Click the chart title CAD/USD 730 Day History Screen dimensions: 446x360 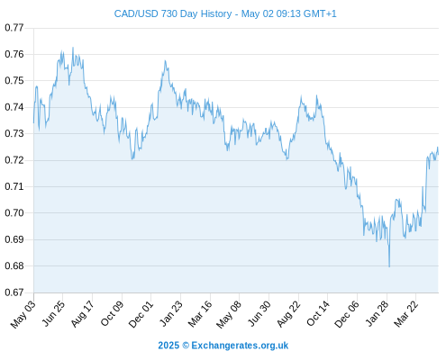click(173, 13)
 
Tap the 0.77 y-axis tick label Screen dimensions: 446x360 click(14, 28)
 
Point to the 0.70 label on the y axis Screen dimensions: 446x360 click(14, 213)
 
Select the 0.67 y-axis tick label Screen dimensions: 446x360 click(14, 292)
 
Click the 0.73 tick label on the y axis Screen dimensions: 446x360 click(14, 133)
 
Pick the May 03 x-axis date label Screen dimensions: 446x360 click(23, 314)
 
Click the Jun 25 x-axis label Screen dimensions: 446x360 click(52, 313)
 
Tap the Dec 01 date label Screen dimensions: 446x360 click(141, 314)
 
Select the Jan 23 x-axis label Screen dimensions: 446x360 click(170, 313)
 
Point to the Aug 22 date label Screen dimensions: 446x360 click(288, 314)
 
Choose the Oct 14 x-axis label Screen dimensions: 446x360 click(318, 313)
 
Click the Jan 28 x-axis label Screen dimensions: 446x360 click(377, 313)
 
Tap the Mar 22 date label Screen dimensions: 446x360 click(405, 314)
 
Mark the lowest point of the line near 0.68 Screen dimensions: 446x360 click(389, 266)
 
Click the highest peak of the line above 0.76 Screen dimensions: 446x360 click(73, 48)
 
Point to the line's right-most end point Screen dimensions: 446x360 click(438, 154)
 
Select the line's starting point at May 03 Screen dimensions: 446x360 click(33, 122)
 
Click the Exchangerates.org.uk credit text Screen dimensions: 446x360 click(240, 346)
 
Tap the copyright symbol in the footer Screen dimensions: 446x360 click(186, 346)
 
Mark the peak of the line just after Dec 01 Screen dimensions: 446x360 click(165, 61)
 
